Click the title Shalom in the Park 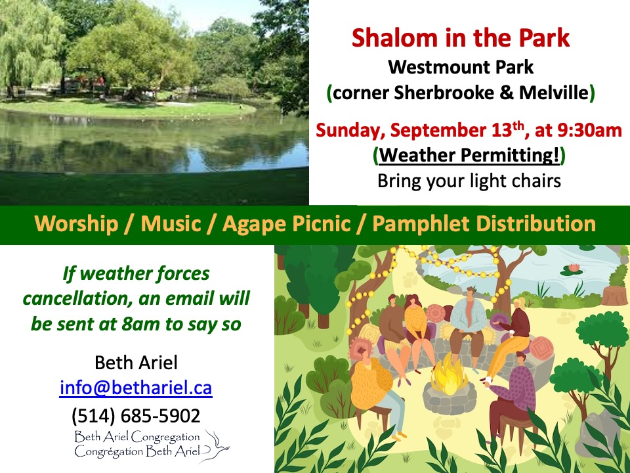point(461,38)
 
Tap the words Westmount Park point(461,67)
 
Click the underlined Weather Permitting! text point(469,155)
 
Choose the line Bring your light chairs point(469,181)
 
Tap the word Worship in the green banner point(76,224)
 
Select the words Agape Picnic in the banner point(287,224)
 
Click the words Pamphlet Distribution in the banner point(484,224)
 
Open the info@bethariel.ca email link point(136,388)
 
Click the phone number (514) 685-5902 point(136,416)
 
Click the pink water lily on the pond point(569,269)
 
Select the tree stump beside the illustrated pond point(615,295)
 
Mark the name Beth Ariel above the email point(136,363)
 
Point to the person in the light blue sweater point(467,322)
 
